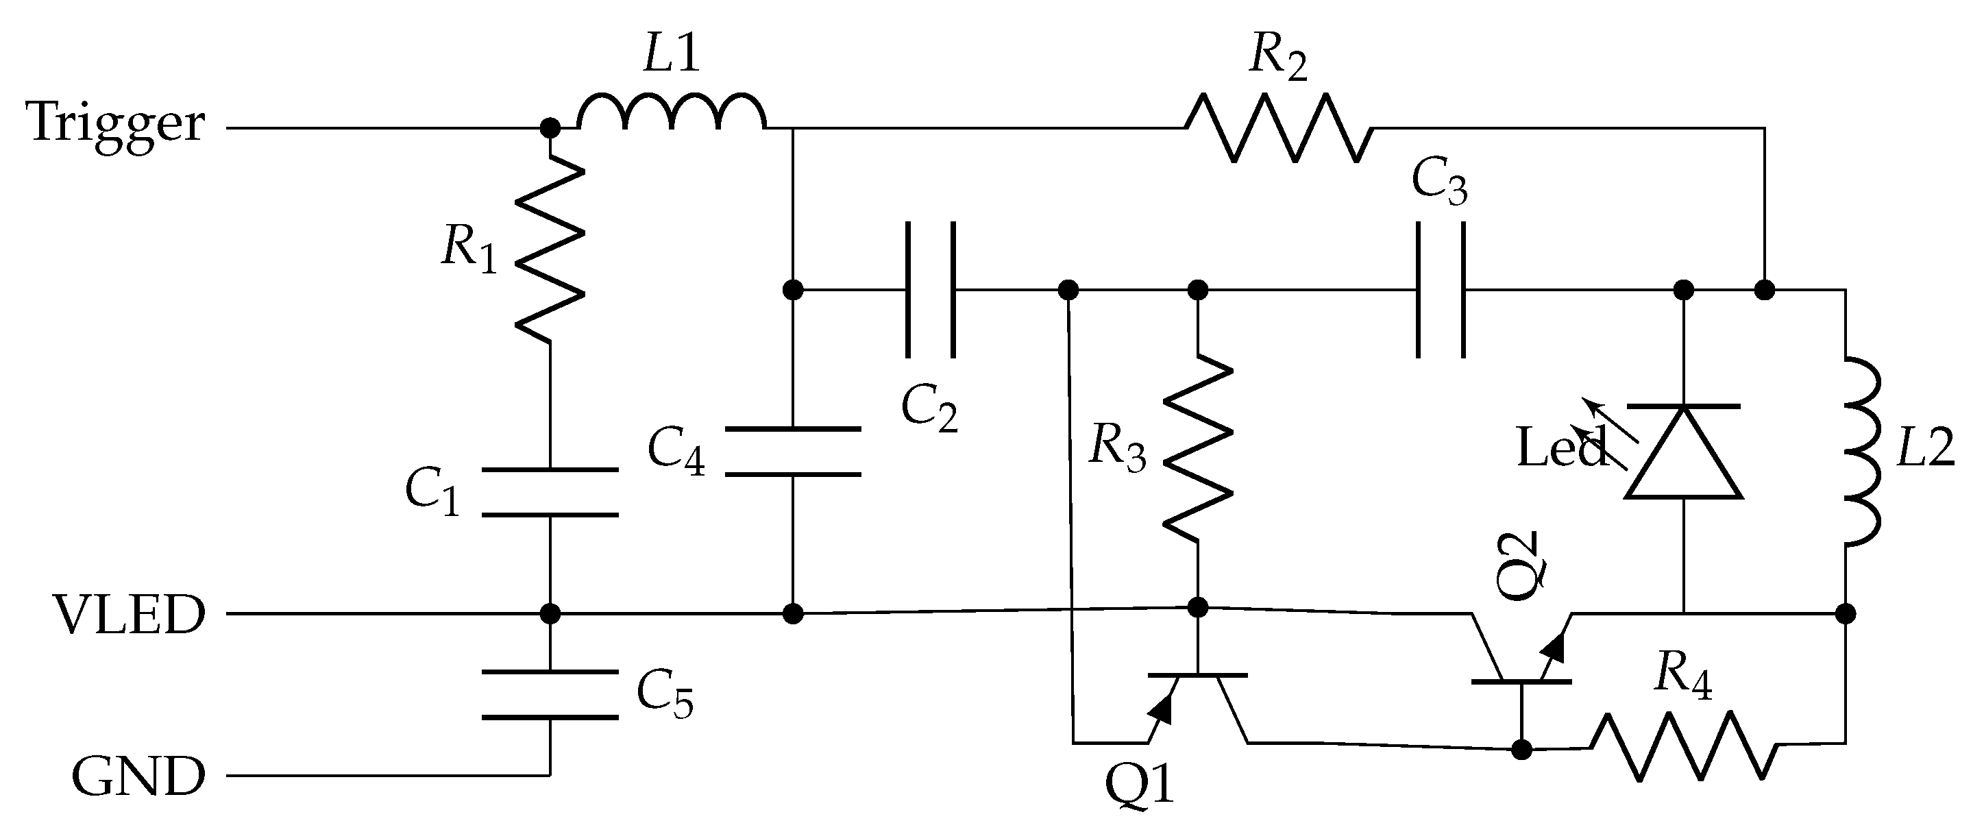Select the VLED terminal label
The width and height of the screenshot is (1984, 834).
pyautogui.click(x=130, y=615)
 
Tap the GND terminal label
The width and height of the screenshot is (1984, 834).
pyautogui.click(x=138, y=776)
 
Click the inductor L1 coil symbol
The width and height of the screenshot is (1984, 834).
pyautogui.click(x=672, y=112)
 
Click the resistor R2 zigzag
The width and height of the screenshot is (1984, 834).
pyautogui.click(x=1279, y=129)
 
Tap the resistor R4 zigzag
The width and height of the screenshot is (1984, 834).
pyautogui.click(x=1685, y=746)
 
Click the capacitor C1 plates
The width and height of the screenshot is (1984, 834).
pyautogui.click(x=550, y=492)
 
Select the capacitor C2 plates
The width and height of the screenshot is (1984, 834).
pyautogui.click(x=931, y=291)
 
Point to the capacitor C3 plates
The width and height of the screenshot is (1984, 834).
pyautogui.click(x=1441, y=291)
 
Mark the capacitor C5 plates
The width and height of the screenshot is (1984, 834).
pyautogui.click(x=550, y=696)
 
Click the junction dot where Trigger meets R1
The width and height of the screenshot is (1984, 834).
pyautogui.click(x=550, y=128)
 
